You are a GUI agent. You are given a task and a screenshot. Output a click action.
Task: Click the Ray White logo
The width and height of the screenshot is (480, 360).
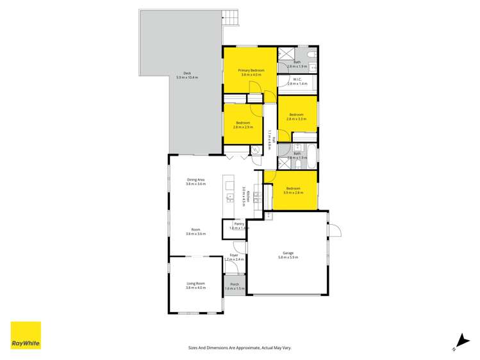click(26, 335)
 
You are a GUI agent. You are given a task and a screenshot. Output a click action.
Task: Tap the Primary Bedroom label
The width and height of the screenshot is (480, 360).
click(251, 70)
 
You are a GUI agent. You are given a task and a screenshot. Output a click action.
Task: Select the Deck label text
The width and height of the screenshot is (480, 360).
click(187, 73)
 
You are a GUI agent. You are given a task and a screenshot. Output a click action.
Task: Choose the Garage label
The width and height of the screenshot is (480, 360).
click(288, 252)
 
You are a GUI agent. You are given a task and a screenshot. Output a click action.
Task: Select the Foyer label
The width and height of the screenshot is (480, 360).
click(234, 255)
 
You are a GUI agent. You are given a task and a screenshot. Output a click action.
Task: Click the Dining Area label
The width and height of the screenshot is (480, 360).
click(195, 179)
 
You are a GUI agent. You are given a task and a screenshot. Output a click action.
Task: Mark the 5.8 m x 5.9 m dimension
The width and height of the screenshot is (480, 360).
click(288, 258)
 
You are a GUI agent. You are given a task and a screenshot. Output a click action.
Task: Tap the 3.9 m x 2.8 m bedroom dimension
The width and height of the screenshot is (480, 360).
click(294, 193)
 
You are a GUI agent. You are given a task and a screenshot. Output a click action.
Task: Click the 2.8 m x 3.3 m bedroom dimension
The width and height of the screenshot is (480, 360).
click(297, 119)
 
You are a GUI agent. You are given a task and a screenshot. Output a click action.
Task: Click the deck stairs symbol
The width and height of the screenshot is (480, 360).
click(231, 19)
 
